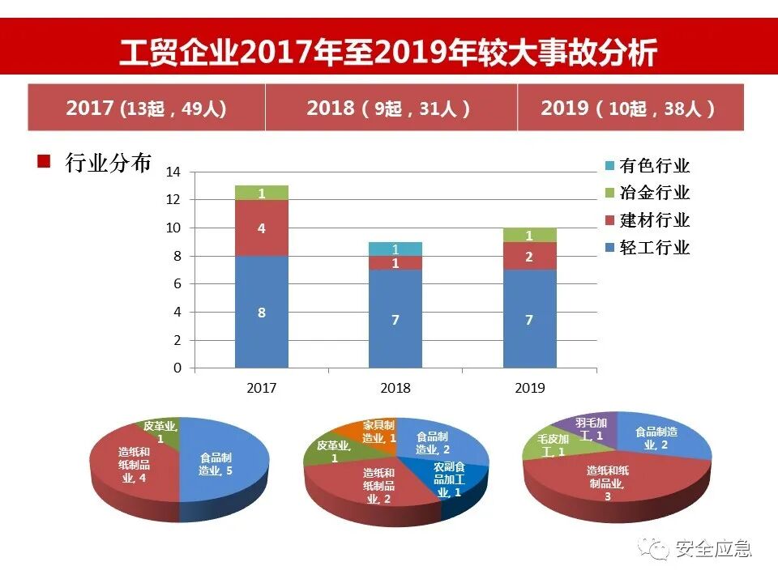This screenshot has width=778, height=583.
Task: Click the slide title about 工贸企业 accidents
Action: [388, 53]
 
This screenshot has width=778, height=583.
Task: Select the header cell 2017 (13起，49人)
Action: [146, 108]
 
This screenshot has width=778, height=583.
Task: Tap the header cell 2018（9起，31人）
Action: [390, 108]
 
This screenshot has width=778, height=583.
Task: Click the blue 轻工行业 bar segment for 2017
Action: [261, 312]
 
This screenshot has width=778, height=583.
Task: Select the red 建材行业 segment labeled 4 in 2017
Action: [261, 228]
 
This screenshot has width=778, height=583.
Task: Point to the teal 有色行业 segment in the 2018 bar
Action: [395, 249]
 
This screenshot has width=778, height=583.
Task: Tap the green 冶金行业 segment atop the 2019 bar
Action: [529, 235]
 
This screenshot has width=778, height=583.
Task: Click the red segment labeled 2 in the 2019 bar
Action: [529, 256]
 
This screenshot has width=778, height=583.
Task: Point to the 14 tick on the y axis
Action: [173, 172]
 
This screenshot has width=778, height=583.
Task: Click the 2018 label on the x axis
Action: [395, 388]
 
